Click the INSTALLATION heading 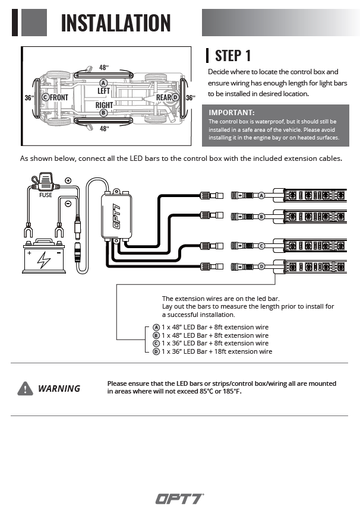[116, 23]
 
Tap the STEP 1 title [232, 56]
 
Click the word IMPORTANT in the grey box [232, 112]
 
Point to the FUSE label [46, 194]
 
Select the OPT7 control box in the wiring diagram [116, 217]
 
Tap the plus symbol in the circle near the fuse [68, 180]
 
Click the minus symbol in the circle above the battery [68, 204]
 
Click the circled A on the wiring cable [261, 195]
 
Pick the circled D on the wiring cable [261, 267]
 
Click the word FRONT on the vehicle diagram [59, 97]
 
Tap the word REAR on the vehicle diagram [163, 97]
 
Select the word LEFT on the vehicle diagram [104, 91]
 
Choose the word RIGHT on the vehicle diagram [104, 105]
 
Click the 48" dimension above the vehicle [104, 68]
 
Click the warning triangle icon [26, 388]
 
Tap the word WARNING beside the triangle [59, 389]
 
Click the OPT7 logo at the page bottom [179, 499]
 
